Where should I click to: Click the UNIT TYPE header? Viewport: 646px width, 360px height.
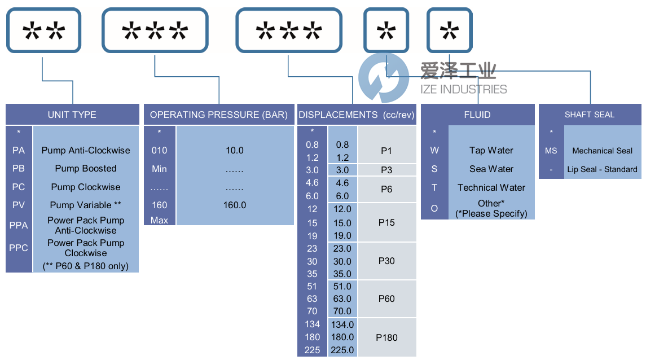pyautogui.click(x=72, y=115)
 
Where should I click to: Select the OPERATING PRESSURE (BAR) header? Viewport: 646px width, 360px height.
pyautogui.click(x=219, y=115)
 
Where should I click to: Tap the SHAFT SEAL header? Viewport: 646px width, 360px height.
pyautogui.click(x=590, y=115)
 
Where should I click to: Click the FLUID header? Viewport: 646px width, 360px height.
pyautogui.click(x=477, y=115)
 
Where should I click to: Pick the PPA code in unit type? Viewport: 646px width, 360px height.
pyautogui.click(x=19, y=225)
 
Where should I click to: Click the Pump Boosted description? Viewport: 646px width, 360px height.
pyautogui.click(x=86, y=168)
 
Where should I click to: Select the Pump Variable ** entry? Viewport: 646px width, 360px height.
pyautogui.click(x=86, y=205)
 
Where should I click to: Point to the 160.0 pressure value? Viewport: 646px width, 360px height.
pyautogui.click(x=235, y=205)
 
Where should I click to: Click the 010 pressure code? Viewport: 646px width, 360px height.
pyautogui.click(x=160, y=151)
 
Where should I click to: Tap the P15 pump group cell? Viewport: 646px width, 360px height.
pyautogui.click(x=386, y=222)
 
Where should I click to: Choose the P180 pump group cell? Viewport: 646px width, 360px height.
pyautogui.click(x=386, y=337)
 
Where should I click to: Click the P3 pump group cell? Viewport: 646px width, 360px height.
pyautogui.click(x=386, y=170)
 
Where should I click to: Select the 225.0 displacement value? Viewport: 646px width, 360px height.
pyautogui.click(x=343, y=350)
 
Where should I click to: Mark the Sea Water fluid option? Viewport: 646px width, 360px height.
pyautogui.click(x=491, y=169)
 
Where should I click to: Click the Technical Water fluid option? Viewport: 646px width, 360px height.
pyautogui.click(x=491, y=187)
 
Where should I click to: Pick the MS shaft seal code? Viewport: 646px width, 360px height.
pyautogui.click(x=551, y=151)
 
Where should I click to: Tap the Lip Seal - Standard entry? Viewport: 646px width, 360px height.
pyautogui.click(x=602, y=169)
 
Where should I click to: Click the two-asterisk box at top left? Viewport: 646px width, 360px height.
pyautogui.click(x=43, y=31)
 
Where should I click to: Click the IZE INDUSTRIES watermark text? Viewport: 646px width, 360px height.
pyautogui.click(x=463, y=89)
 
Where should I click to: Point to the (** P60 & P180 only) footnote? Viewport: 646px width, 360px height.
pyautogui.click(x=86, y=266)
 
